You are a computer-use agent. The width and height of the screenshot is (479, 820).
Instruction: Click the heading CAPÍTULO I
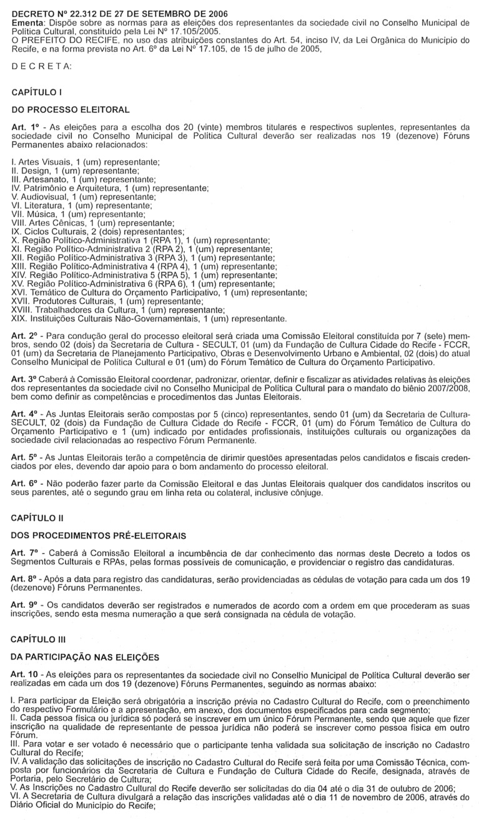37,92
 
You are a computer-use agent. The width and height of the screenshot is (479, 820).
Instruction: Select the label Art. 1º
26,127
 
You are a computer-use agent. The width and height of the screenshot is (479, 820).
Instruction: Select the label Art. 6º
26,466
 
